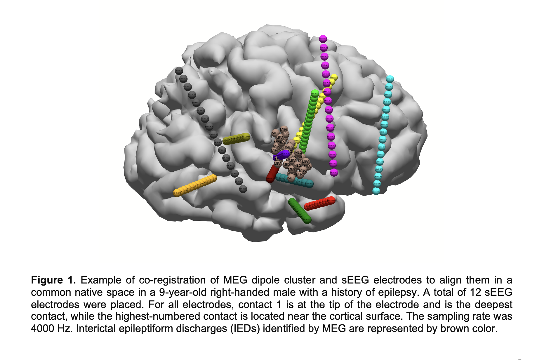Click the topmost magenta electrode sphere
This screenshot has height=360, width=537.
(323, 39)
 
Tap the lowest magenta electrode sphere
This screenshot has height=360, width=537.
(334, 173)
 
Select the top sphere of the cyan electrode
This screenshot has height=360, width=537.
(390, 79)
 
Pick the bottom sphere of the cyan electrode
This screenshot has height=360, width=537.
(376, 191)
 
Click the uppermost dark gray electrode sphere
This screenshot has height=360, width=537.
(179, 71)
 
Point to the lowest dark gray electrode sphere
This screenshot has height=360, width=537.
(243, 189)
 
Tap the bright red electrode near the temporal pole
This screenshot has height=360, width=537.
(319, 204)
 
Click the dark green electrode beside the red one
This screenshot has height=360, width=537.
(300, 211)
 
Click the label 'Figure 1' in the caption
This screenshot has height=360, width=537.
(52, 280)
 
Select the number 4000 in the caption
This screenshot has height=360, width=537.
(43, 328)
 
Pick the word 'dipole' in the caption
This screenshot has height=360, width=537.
(266, 280)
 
